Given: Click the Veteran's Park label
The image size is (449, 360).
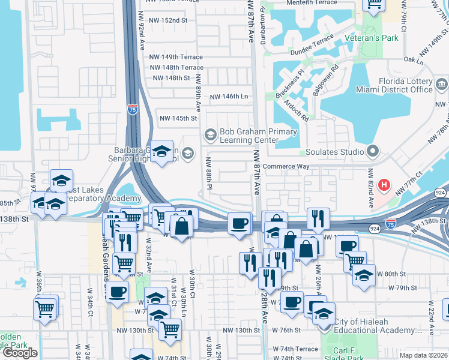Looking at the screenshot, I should (372, 38).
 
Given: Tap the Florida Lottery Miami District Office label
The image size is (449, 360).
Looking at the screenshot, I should (405, 85).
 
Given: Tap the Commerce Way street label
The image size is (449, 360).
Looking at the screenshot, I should (286, 166).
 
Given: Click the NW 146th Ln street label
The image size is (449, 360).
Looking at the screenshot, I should (228, 97).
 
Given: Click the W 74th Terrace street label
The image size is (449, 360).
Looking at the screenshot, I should (295, 349).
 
